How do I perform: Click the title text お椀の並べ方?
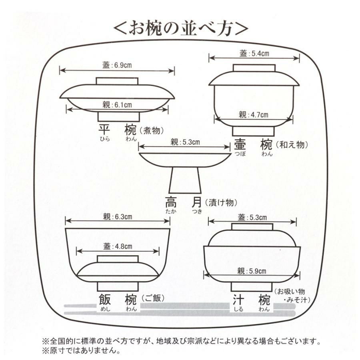click(180, 28)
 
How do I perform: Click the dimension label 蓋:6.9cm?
click(117, 65)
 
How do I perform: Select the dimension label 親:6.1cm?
click(117, 105)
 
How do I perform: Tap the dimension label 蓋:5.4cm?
click(254, 53)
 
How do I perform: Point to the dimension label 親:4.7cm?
click(254, 115)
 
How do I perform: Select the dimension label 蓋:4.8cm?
click(117, 246)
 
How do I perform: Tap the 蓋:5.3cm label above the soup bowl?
click(252, 217)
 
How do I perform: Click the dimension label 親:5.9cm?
click(252, 270)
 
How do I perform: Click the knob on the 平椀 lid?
click(117, 81)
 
